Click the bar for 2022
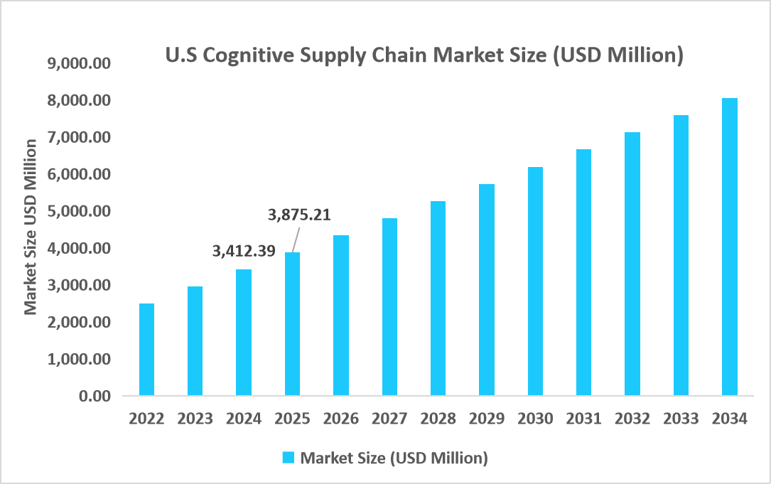pyautogui.click(x=146, y=350)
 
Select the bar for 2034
pyautogui.click(x=729, y=247)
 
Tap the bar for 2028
pyautogui.click(x=438, y=299)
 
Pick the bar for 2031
pyautogui.click(x=583, y=272)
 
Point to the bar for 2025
pyautogui.click(x=292, y=324)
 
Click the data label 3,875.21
pyautogui.click(x=300, y=214)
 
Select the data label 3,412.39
pyautogui.click(x=244, y=250)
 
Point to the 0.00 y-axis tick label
pyautogui.click(x=96, y=396)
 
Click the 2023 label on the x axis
pyautogui.click(x=195, y=419)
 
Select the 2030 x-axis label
pyautogui.click(x=535, y=419)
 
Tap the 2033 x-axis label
pyautogui.click(x=681, y=419)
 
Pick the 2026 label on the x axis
pyautogui.click(x=340, y=419)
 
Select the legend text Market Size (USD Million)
pyautogui.click(x=394, y=458)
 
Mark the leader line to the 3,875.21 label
pyautogui.click(x=295, y=238)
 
